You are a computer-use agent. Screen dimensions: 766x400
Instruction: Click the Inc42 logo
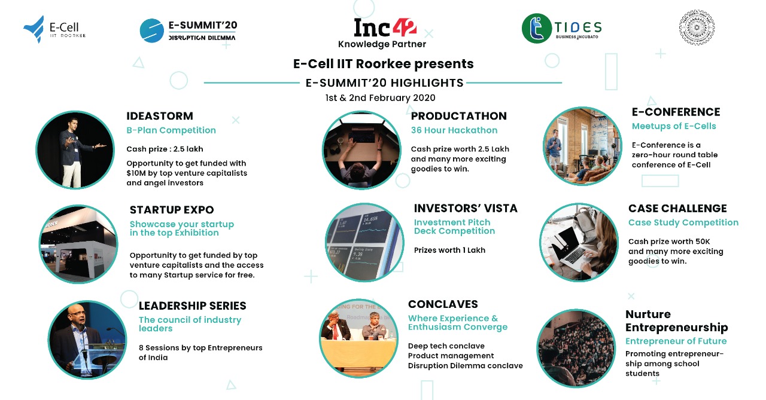(x=385, y=28)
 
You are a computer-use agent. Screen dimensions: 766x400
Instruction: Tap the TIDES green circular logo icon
(x=537, y=28)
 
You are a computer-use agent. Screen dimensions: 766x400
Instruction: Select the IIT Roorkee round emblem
(x=697, y=28)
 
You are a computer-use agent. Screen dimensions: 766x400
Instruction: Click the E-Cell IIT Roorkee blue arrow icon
(x=34, y=29)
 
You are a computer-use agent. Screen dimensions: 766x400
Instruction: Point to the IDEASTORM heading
(x=160, y=116)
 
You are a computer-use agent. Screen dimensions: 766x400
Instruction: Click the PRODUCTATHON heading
(x=458, y=116)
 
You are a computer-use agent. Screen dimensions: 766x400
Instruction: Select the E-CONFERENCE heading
(x=676, y=112)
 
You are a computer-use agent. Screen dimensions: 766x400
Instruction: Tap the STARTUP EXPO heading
(x=172, y=209)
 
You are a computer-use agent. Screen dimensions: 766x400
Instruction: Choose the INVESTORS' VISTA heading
(x=466, y=208)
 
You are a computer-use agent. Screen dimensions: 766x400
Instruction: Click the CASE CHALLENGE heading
(x=677, y=208)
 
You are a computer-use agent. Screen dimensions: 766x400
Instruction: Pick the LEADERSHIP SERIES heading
(x=192, y=306)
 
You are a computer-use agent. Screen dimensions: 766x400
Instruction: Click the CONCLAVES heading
(x=443, y=304)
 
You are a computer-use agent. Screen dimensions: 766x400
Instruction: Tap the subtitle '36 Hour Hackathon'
(x=454, y=130)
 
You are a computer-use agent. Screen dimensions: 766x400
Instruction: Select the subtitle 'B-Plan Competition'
(x=171, y=130)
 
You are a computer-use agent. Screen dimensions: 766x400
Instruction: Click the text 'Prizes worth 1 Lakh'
(x=449, y=250)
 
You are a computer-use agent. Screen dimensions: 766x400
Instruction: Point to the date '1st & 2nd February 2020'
(x=380, y=97)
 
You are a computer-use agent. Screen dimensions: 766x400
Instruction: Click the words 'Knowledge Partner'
(x=382, y=44)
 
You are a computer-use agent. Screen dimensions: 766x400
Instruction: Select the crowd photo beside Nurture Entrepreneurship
(x=576, y=348)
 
